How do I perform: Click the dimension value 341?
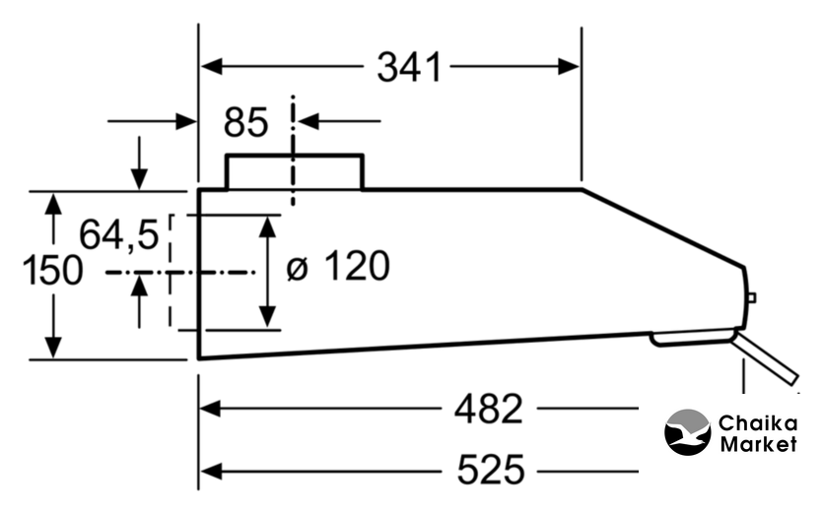[409, 67]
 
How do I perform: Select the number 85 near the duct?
[245, 122]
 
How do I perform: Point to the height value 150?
[52, 270]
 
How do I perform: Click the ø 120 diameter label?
[338, 267]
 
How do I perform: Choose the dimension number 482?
[489, 409]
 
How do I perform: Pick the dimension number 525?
[491, 470]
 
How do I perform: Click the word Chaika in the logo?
[758, 423]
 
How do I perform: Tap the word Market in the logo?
[758, 445]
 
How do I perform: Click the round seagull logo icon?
[688, 432]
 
